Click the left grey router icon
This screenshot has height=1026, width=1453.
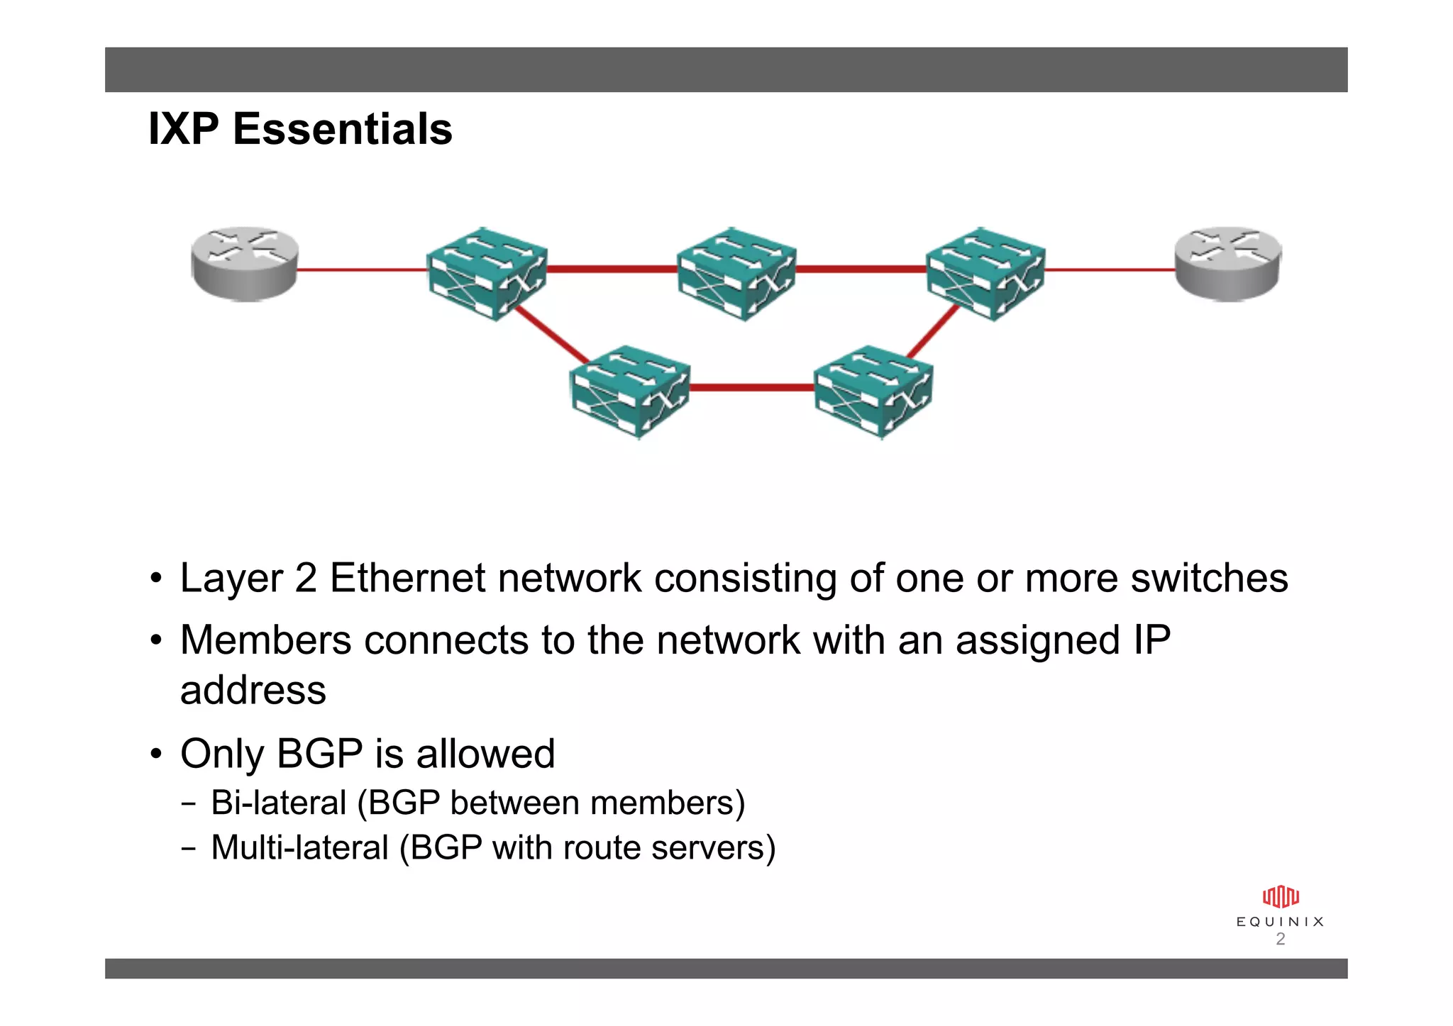coord(245,264)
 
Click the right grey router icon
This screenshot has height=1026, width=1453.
coord(1227,264)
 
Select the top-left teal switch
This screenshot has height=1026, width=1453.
coord(487,274)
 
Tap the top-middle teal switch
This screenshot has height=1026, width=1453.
coord(736,274)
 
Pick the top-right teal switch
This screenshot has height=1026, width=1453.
coord(986,274)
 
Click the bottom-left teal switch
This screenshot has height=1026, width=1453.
coord(630,391)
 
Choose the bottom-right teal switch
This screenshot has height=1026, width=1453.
coord(873,391)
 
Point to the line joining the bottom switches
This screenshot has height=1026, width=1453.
coord(752,388)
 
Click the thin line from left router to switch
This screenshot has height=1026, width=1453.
coord(362,269)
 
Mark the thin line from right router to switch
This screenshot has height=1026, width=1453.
coord(1110,269)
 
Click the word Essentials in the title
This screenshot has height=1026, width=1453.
coord(343,129)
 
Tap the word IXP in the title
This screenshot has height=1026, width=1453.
coord(183,129)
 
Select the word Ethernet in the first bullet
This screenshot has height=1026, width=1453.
coord(408,578)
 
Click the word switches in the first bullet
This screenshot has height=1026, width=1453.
coord(1209,578)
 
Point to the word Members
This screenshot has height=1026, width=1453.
coord(265,640)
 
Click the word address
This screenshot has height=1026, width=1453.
coord(253,691)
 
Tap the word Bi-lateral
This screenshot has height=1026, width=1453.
coord(278,803)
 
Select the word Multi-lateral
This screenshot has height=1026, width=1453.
coord(299,848)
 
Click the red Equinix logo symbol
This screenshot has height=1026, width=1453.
coord(1280,897)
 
